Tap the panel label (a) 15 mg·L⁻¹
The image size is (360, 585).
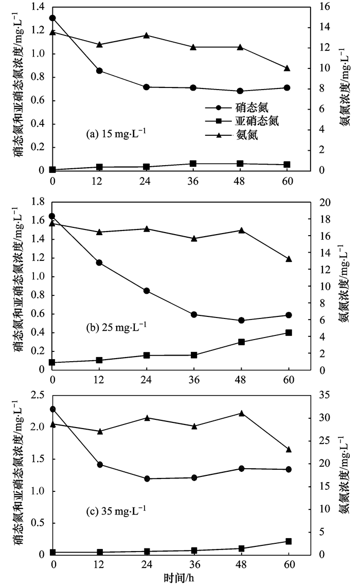(x=116, y=135)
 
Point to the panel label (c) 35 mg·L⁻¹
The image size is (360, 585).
(x=116, y=512)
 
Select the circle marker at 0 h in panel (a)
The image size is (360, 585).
(x=52, y=18)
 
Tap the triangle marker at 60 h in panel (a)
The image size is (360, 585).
(x=287, y=68)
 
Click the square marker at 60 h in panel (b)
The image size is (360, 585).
(x=289, y=333)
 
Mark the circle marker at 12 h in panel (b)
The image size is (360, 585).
(x=99, y=263)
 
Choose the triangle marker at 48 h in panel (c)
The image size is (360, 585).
(x=241, y=413)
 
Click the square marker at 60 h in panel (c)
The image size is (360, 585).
(x=289, y=541)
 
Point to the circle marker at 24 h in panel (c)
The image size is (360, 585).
(x=147, y=478)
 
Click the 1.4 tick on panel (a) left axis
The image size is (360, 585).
(x=40, y=7)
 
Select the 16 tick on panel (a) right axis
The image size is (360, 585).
(x=321, y=7)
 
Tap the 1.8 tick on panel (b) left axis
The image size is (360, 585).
(x=40, y=202)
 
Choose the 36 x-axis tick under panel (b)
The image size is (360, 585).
(x=193, y=380)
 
